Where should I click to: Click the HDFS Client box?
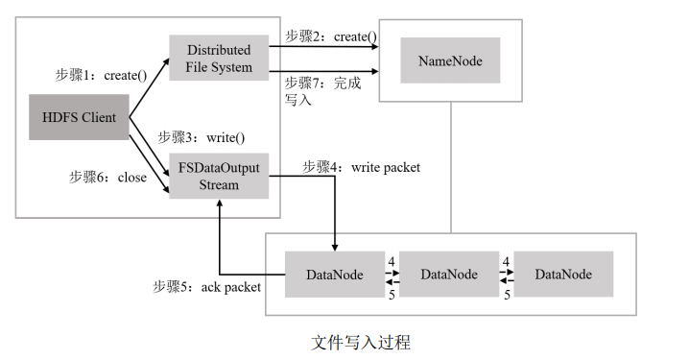pyautogui.click(x=79, y=117)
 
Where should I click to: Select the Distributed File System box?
pyautogui.click(x=219, y=59)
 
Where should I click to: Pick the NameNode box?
pyautogui.click(x=449, y=60)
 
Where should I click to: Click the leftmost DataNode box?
pyautogui.click(x=334, y=275)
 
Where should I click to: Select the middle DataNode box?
pyautogui.click(x=448, y=275)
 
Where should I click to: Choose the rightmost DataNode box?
pyautogui.click(x=562, y=275)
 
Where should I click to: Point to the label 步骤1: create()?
pyautogui.click(x=100, y=73)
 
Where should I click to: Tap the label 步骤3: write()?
pyautogui.click(x=202, y=136)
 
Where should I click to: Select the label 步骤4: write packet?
pyautogui.click(x=361, y=167)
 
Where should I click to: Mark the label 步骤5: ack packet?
pyautogui.click(x=206, y=286)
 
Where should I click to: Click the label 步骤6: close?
pyautogui.click(x=107, y=177)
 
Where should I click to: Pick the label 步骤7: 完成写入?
pyautogui.click(x=321, y=91)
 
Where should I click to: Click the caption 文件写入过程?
pyautogui.click(x=361, y=342)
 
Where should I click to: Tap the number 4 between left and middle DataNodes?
pyautogui.click(x=392, y=260)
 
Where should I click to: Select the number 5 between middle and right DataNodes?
pyautogui.click(x=507, y=295)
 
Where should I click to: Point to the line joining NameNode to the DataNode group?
pyautogui.click(x=452, y=167)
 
